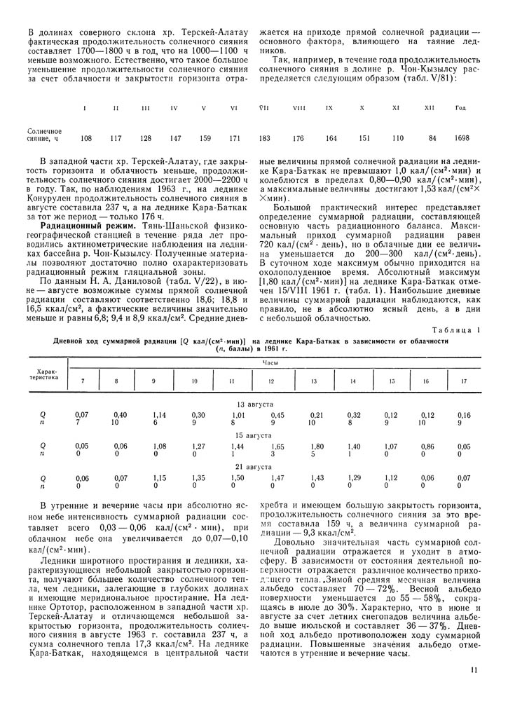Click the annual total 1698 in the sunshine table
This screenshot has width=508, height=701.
(x=461, y=138)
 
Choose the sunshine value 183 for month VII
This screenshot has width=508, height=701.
(x=265, y=138)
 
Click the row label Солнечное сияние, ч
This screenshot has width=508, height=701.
(x=40, y=135)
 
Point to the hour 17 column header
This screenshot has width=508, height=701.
(x=463, y=381)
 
